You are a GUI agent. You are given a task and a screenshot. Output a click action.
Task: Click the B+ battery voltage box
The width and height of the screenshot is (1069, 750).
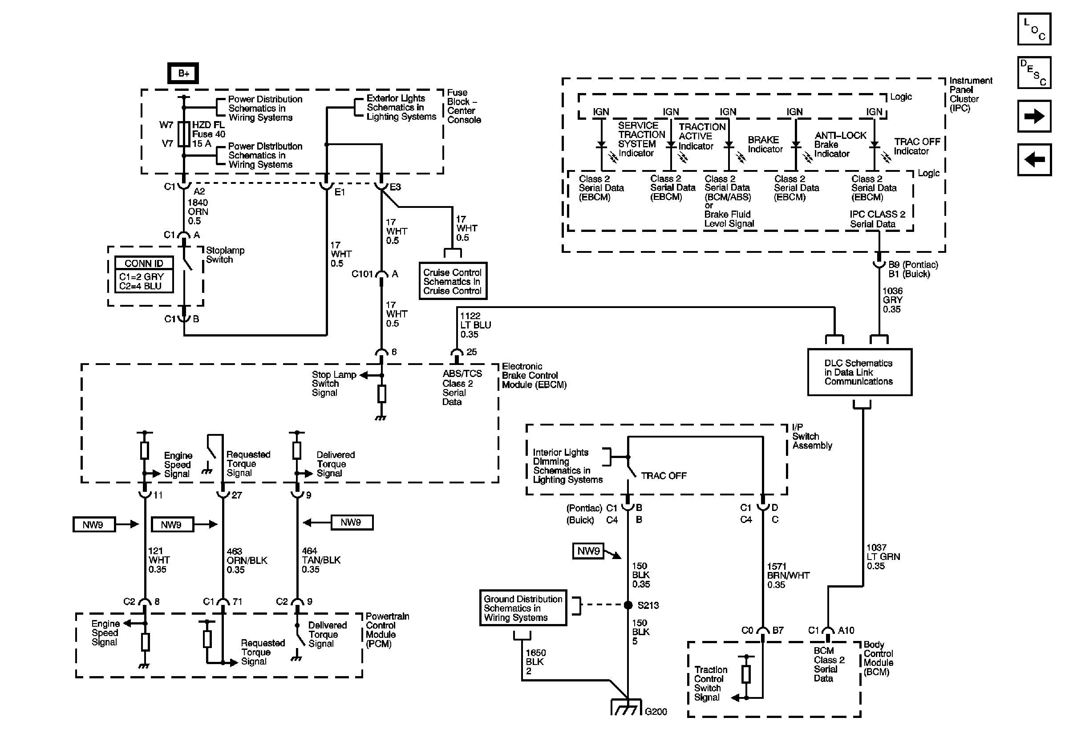tap(183, 73)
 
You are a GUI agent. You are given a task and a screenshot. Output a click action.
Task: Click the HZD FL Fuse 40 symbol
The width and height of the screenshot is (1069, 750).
tap(184, 134)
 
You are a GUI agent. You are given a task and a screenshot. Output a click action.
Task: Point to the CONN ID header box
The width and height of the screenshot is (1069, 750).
tap(144, 263)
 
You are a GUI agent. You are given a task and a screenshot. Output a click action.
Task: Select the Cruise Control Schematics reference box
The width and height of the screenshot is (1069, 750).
tap(453, 281)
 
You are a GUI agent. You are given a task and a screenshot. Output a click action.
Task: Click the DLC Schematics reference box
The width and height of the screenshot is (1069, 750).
tap(859, 372)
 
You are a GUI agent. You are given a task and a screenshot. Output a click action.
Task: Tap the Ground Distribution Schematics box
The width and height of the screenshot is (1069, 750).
tap(523, 608)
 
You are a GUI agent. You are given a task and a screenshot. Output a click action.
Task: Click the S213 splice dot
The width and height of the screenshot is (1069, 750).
tap(628, 605)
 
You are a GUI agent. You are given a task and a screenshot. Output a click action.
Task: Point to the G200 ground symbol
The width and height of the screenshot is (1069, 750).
tap(626, 709)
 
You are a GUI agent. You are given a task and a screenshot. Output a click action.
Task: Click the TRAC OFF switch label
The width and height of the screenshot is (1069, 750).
tap(664, 476)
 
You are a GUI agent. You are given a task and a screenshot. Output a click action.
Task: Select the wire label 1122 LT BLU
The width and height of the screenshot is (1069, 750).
tap(475, 325)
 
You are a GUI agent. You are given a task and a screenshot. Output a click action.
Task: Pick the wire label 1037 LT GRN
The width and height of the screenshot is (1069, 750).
tap(883, 557)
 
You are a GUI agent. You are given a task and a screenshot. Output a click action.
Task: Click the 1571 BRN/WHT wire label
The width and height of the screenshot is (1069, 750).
tap(788, 576)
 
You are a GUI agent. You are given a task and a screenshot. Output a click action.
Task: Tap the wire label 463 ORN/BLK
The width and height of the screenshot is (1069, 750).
tap(247, 560)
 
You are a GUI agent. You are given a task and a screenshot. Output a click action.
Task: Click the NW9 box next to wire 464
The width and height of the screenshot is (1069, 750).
tap(351, 523)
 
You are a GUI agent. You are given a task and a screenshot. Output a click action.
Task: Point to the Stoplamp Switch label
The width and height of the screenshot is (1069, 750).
tap(225, 255)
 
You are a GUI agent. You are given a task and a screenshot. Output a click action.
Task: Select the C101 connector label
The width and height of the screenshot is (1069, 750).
tap(362, 274)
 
